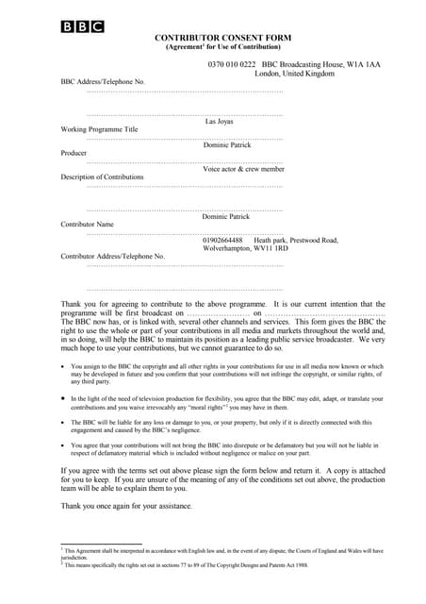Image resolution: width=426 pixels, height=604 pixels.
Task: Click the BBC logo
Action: pos(82,26)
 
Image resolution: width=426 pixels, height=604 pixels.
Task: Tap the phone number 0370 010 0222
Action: pos(232,63)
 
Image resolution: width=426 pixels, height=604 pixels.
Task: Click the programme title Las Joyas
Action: pos(219,121)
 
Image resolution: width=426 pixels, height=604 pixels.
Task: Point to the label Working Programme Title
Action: pos(99,129)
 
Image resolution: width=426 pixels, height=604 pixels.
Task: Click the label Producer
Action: pos(74,153)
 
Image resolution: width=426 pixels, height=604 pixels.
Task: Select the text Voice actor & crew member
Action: pos(243,169)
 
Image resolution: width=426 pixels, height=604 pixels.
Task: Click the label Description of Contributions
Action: pos(103,177)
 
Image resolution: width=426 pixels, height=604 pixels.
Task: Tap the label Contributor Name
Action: pos(88,225)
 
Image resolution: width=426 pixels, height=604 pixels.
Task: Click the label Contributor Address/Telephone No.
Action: pos(112,257)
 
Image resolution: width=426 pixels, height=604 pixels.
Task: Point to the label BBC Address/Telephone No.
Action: pos(103,82)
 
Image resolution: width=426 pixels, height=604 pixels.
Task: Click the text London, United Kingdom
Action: pos(294,73)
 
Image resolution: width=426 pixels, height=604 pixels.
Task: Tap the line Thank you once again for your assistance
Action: pos(126,506)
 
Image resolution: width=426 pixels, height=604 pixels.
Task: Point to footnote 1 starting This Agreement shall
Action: pos(222,553)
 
